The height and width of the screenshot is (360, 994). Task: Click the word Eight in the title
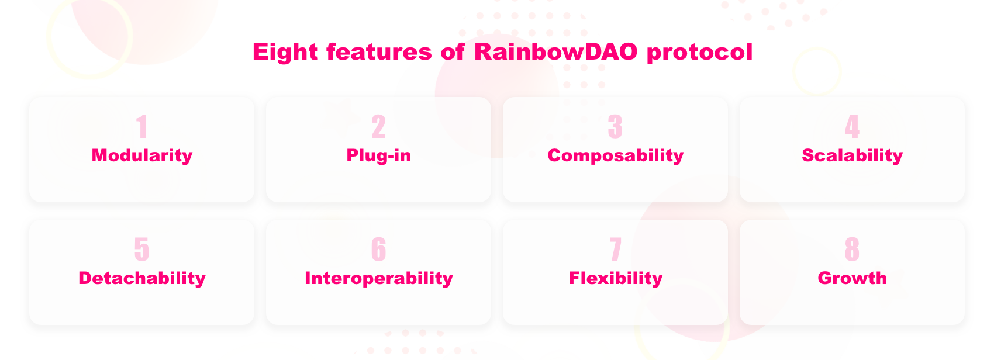[285, 53]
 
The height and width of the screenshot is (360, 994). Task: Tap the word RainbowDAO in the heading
[556, 51]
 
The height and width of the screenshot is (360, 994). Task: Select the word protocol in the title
[700, 53]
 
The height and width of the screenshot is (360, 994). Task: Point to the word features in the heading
[379, 51]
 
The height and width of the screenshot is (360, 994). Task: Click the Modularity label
[142, 155]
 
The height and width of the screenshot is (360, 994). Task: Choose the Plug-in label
[378, 155]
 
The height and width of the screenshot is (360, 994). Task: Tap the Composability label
[616, 155]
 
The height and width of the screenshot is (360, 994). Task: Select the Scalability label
[853, 155]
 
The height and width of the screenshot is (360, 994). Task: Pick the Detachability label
[142, 278]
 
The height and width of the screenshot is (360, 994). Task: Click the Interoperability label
[378, 278]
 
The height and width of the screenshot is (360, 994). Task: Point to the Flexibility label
[616, 278]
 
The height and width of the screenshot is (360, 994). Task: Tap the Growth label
[853, 278]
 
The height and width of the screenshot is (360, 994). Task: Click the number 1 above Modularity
[142, 126]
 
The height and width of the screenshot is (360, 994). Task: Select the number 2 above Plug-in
[378, 126]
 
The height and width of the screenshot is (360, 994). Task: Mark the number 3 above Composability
[616, 126]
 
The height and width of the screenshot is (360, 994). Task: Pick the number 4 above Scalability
[853, 126]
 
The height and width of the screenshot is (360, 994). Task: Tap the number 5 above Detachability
[142, 249]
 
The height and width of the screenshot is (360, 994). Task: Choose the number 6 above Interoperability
[378, 249]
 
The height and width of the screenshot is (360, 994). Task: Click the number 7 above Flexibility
[616, 249]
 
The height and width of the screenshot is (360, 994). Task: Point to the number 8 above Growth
[853, 249]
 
